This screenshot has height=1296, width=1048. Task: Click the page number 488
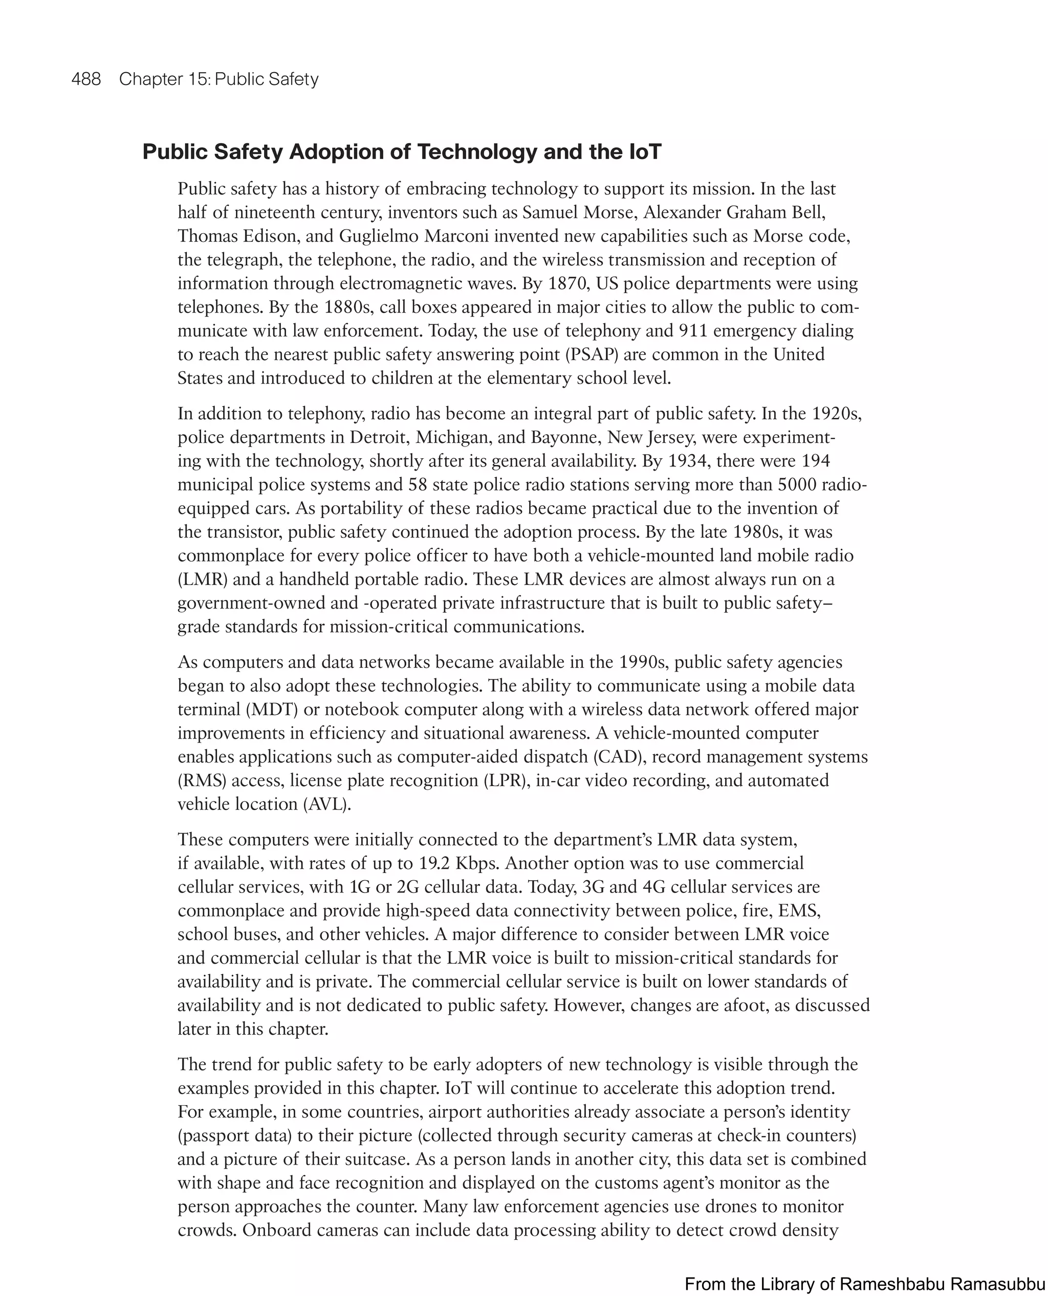pos(86,79)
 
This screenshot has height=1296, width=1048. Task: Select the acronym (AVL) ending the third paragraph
pos(326,805)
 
